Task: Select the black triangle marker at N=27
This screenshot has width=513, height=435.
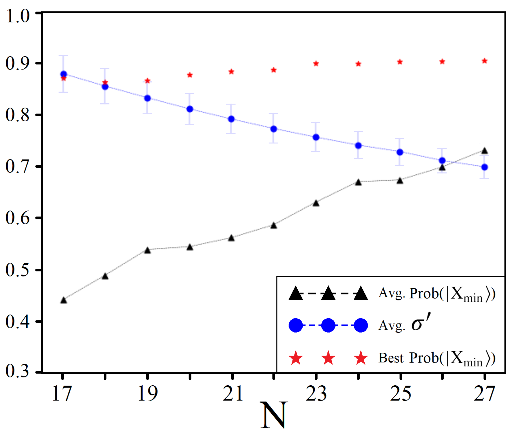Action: [485, 151]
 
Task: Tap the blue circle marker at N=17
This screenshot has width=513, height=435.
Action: [64, 74]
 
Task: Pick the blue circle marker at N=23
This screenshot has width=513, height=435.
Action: [316, 137]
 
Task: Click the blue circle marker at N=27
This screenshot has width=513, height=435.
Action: [485, 167]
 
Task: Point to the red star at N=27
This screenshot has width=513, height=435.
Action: [485, 61]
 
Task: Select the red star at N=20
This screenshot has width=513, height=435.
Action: [190, 75]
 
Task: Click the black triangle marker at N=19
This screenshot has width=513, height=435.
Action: [148, 250]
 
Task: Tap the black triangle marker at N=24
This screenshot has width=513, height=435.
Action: [358, 182]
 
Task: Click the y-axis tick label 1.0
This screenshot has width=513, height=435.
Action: [18, 16]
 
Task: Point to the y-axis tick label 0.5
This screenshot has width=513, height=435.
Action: [18, 270]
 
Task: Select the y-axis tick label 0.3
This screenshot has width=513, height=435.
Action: [18, 371]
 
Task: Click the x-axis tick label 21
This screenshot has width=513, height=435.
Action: [232, 393]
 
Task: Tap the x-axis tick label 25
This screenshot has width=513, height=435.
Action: [400, 393]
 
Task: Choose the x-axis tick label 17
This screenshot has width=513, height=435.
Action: [62, 393]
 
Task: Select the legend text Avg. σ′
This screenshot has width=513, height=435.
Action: [404, 325]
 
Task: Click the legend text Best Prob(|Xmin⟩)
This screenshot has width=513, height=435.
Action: [436, 358]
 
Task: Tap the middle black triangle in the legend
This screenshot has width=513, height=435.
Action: [328, 294]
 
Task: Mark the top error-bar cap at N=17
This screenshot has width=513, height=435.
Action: [64, 55]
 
